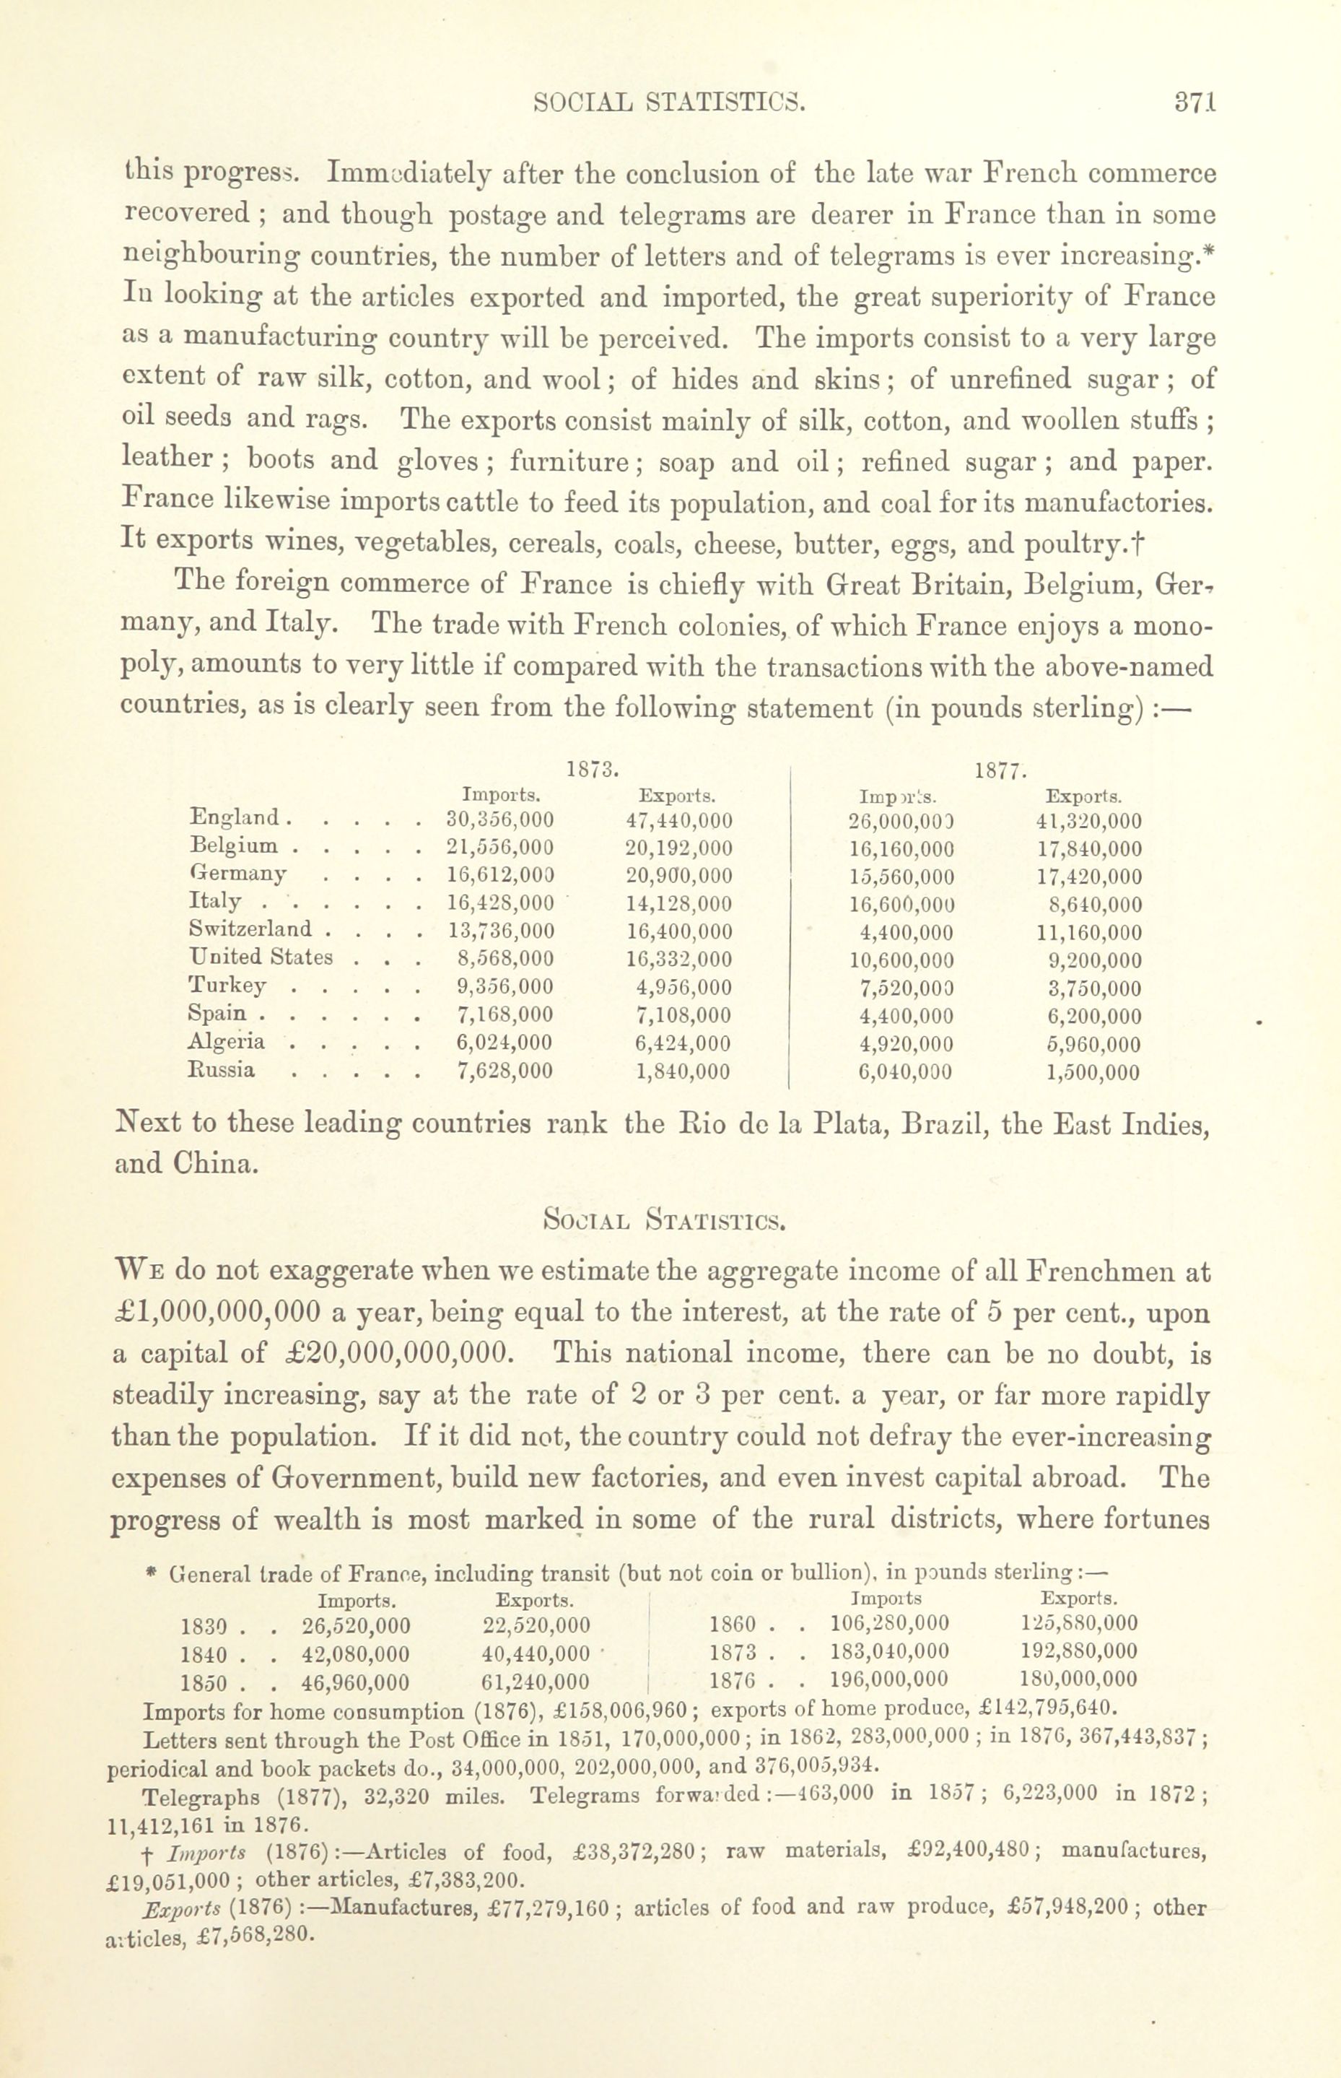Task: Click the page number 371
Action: (x=1194, y=102)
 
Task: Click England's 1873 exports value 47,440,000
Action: (x=678, y=820)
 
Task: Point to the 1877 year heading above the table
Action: (x=1000, y=770)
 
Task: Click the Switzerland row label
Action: (x=250, y=929)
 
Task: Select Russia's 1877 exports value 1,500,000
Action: (x=1093, y=1073)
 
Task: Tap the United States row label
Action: (x=261, y=957)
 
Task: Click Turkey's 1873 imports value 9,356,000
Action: (x=504, y=987)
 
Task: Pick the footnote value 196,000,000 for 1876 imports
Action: (x=890, y=1679)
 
